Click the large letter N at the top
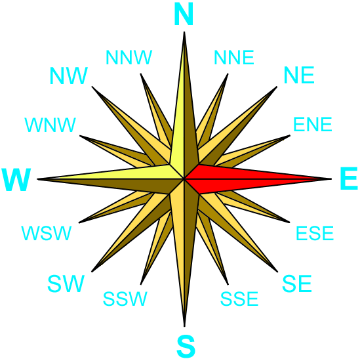(x=184, y=14)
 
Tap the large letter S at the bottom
(x=186, y=347)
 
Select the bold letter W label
(x=16, y=180)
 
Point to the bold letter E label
(x=349, y=179)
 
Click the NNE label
(x=234, y=57)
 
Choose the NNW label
(x=129, y=57)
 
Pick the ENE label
(x=313, y=124)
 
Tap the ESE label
(x=315, y=233)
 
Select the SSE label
(x=239, y=299)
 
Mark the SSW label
(x=125, y=299)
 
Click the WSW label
(x=47, y=233)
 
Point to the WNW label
(x=50, y=125)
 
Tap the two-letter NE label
(x=299, y=75)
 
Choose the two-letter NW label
(x=69, y=75)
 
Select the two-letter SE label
(x=297, y=284)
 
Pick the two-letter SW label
(x=66, y=284)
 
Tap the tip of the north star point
(x=184, y=32)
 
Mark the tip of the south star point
(x=184, y=326)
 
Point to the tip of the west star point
(x=37, y=179)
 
